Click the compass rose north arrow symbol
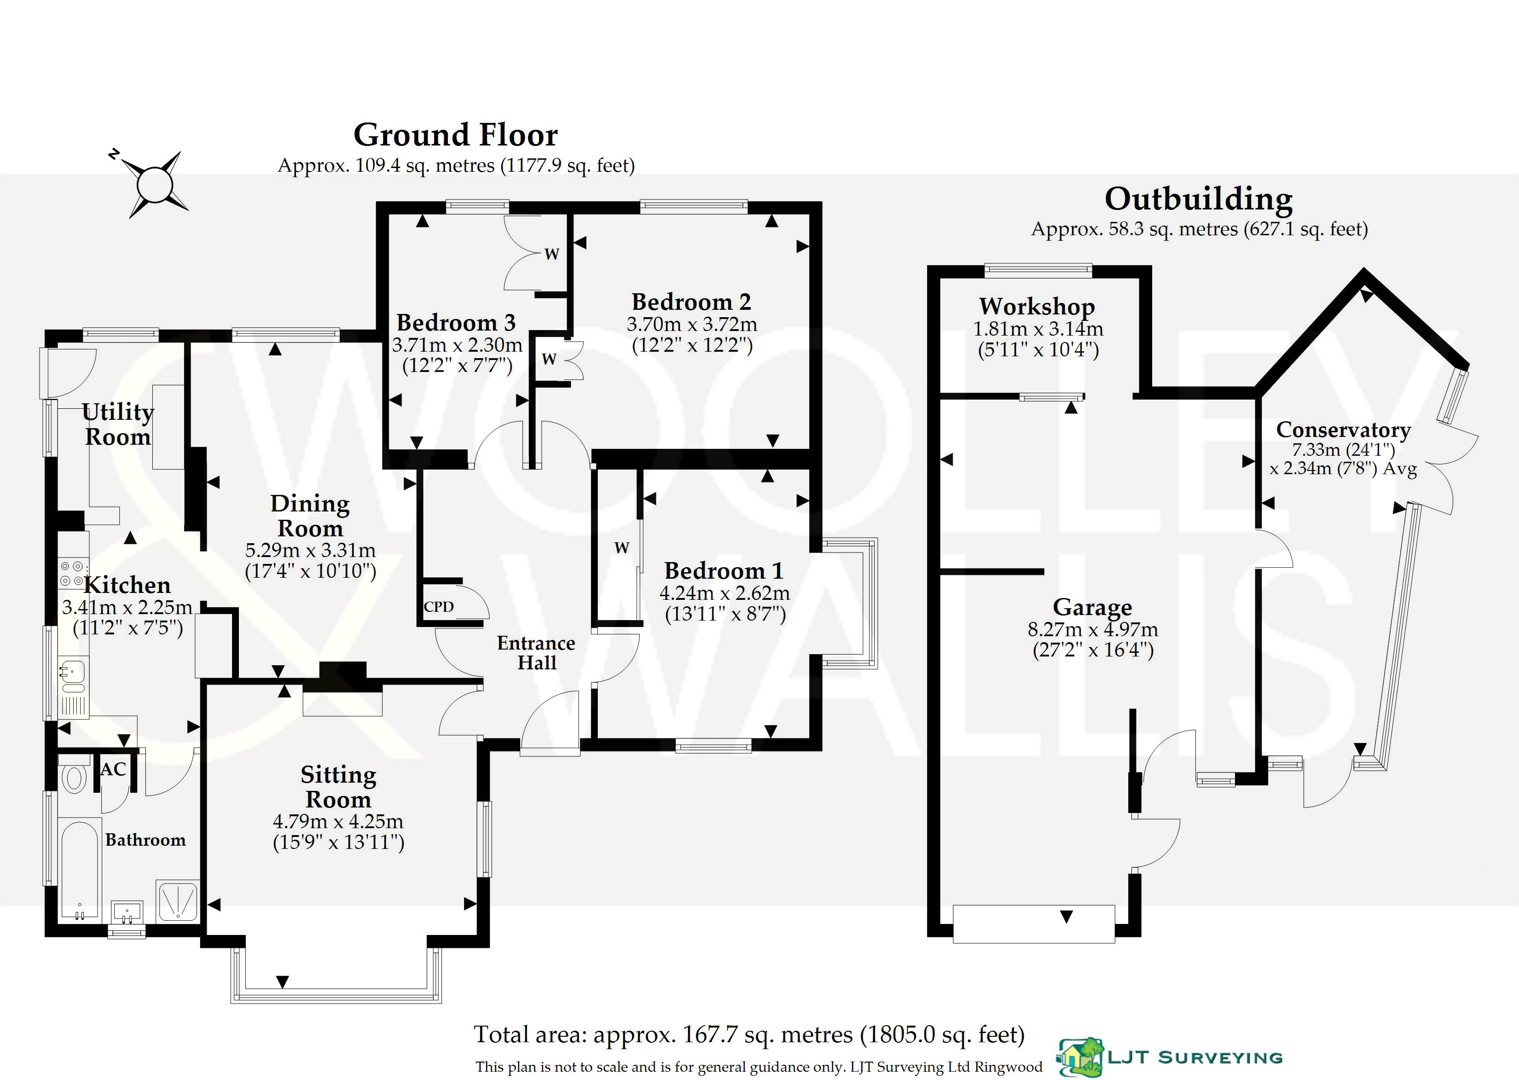(x=154, y=184)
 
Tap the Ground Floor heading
(x=455, y=135)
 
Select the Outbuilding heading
(x=1199, y=199)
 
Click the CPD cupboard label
(x=439, y=606)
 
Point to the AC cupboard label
(x=113, y=769)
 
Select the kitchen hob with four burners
(x=72, y=573)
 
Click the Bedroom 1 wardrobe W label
(x=621, y=548)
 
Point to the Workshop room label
(x=1037, y=307)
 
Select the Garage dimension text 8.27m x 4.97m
(x=1093, y=629)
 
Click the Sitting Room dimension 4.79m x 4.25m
(x=338, y=821)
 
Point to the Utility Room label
(x=118, y=424)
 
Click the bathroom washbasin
(x=127, y=912)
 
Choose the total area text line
(x=749, y=1035)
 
